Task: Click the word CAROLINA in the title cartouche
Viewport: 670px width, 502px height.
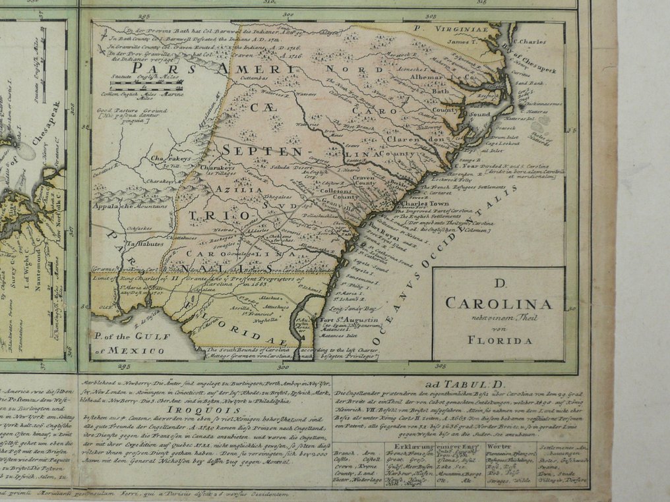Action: tap(498, 304)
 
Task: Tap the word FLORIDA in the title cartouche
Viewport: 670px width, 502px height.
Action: tap(498, 341)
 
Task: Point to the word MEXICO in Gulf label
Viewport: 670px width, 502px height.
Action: tap(135, 351)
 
